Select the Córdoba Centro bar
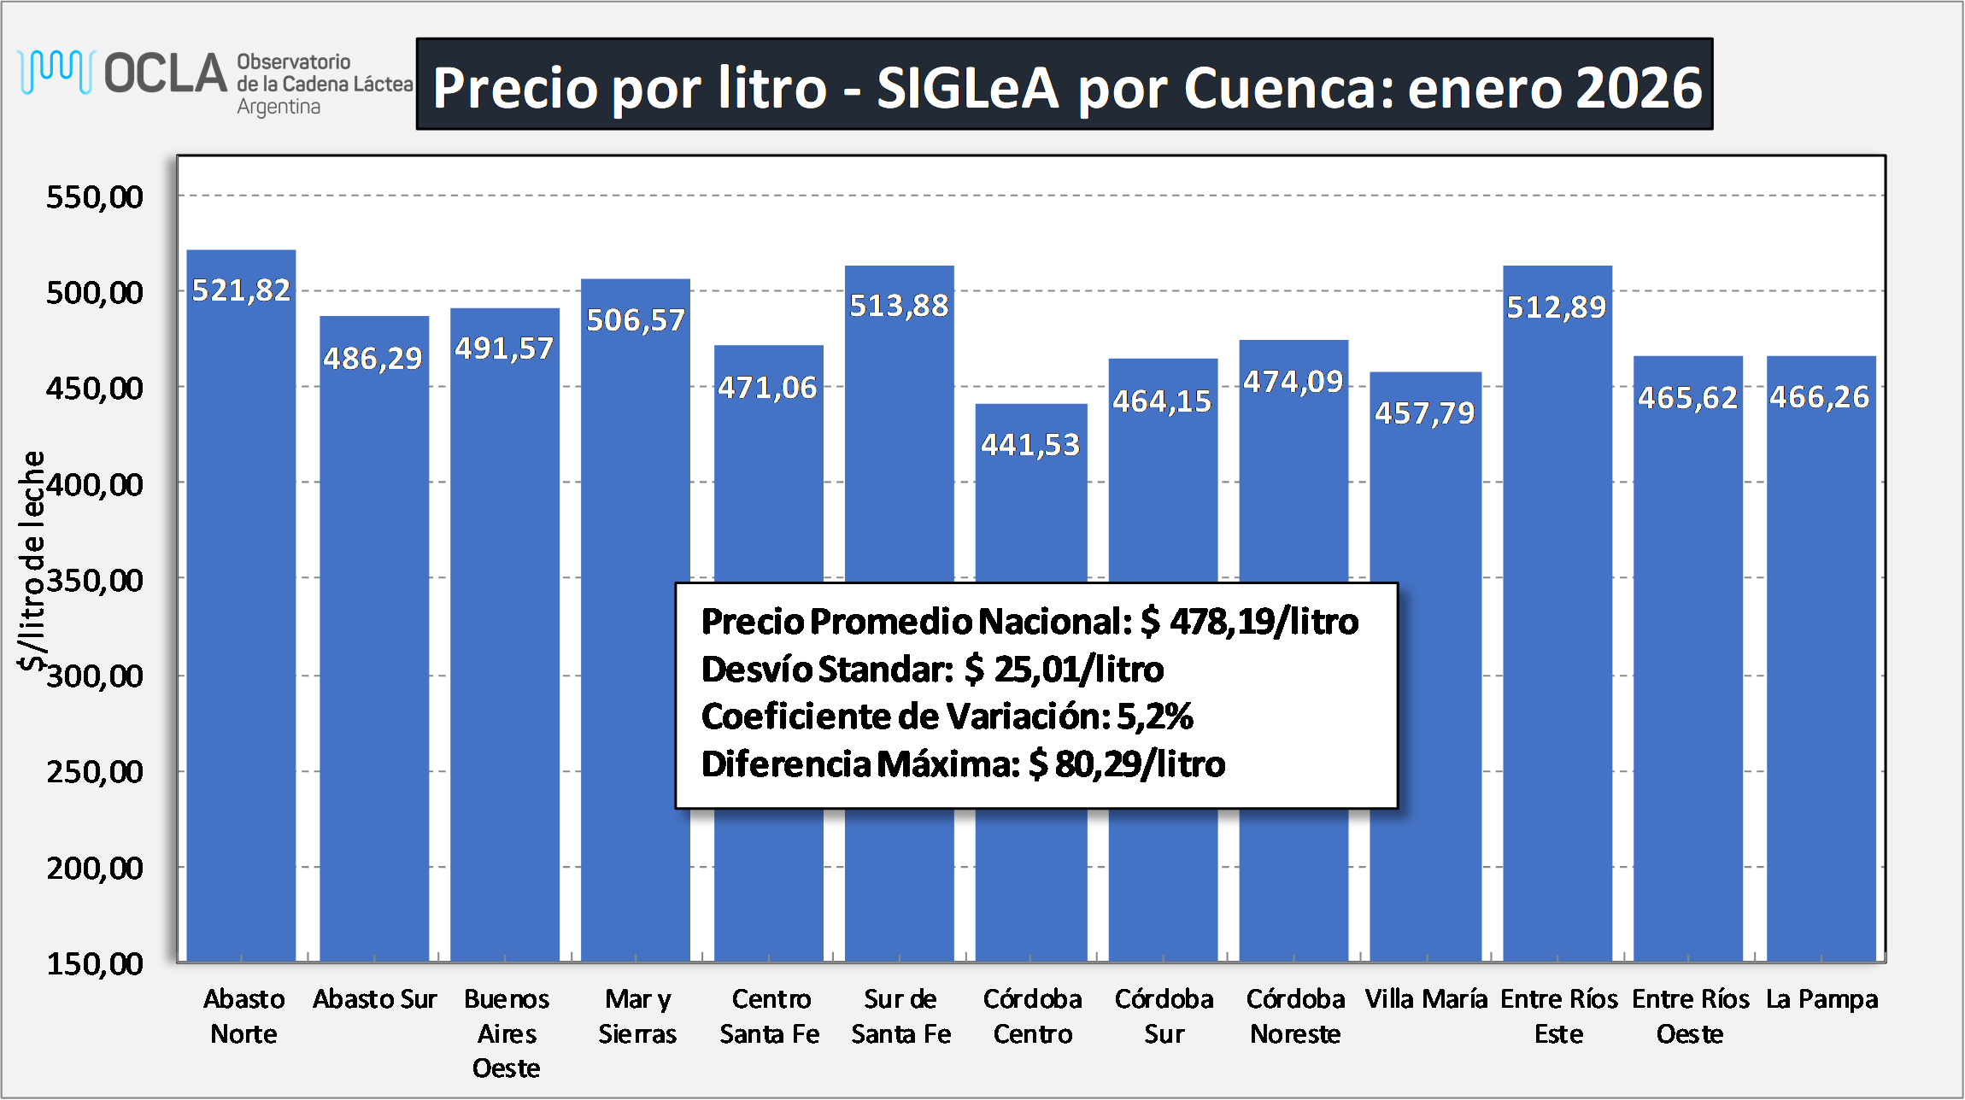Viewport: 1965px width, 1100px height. [1031, 512]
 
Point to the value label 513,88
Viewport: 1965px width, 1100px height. [899, 306]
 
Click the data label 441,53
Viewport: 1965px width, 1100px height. [1030, 445]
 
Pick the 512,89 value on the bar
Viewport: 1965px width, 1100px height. [1556, 307]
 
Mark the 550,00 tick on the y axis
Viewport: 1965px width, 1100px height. [95, 197]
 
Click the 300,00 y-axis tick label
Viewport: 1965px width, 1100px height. [95, 676]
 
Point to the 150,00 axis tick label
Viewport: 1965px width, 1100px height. [95, 964]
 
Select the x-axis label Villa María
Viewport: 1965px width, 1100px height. [1426, 999]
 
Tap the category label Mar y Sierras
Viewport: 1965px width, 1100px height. [637, 1016]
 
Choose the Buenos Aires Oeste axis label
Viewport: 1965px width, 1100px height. [507, 1033]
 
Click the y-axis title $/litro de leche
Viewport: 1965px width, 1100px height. [32, 559]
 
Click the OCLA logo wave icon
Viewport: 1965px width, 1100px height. [56, 72]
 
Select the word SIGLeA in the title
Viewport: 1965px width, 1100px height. [967, 88]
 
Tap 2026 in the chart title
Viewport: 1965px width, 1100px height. [1639, 88]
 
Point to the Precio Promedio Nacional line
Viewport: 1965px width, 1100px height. [1029, 622]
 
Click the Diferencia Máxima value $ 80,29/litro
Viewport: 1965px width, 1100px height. [1127, 764]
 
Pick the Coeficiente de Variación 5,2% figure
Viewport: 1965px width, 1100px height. [1154, 717]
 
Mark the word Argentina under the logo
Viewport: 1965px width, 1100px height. [279, 108]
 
